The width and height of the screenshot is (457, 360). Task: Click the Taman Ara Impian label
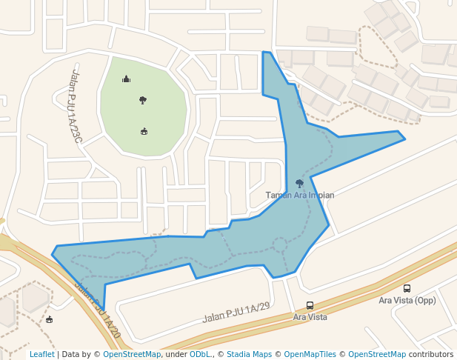point(300,196)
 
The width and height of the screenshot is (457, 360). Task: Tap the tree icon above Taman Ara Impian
point(299,183)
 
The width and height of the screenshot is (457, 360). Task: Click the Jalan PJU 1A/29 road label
point(236,313)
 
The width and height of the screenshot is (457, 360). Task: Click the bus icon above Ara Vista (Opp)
point(407,288)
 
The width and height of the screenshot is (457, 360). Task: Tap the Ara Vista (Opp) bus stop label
point(407,300)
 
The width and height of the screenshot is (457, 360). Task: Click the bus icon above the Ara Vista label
point(310,305)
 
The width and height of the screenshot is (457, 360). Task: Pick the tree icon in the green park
point(142,100)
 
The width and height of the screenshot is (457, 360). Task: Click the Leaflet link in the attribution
point(42,354)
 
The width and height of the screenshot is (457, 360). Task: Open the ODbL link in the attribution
point(200,354)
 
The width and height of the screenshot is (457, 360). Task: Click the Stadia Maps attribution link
point(249,354)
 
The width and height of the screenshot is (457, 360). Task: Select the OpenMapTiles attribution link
point(308,354)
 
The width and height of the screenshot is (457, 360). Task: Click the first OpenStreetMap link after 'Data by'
point(132,354)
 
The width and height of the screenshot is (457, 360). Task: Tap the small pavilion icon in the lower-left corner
point(49,319)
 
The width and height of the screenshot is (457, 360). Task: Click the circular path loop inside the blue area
point(279,244)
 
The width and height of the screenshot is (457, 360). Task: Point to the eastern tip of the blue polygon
point(404,139)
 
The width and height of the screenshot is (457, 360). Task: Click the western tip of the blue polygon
point(53,254)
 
